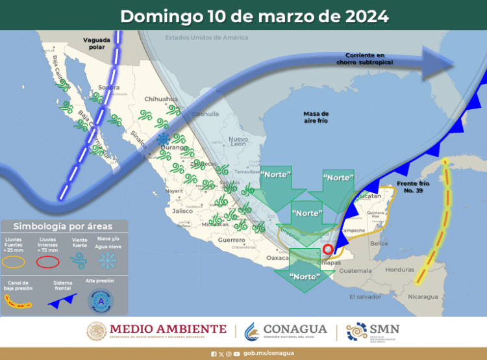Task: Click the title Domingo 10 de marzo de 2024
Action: tap(255, 16)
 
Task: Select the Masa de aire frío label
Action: tap(316, 118)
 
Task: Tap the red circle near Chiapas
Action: tap(328, 248)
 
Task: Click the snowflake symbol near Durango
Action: tap(163, 140)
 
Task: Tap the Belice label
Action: tap(377, 243)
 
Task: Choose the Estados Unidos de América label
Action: tap(206, 37)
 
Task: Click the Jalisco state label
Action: tap(180, 211)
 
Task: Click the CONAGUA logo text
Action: tap(290, 330)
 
